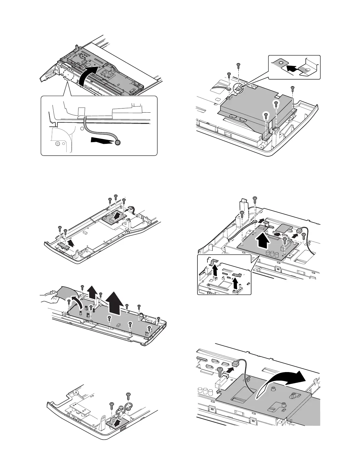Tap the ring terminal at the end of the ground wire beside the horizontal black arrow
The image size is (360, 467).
(118, 143)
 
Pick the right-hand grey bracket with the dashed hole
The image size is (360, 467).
(308, 68)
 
